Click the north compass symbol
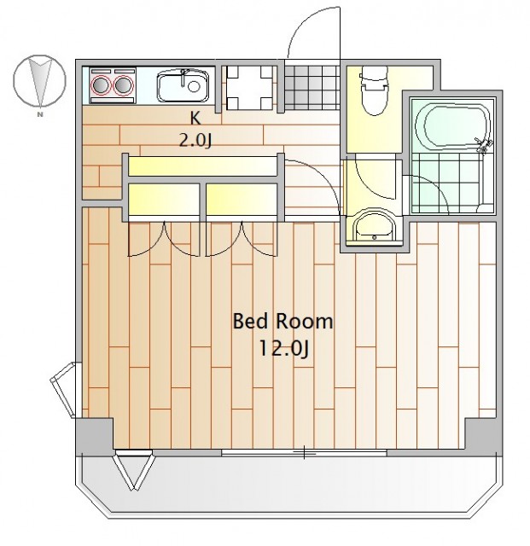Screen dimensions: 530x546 [x=39, y=81]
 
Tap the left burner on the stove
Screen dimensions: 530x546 [x=100, y=85]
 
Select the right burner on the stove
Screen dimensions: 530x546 [x=125, y=85]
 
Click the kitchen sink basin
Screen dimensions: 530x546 [x=183, y=86]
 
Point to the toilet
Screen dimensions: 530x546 [x=374, y=90]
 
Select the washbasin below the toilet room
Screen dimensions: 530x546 [x=374, y=227]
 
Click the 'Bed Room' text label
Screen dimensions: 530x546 [x=282, y=321]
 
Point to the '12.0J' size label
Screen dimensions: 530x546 [x=283, y=349]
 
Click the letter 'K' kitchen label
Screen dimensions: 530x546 [x=195, y=119]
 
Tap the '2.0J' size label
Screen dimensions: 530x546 [x=195, y=141]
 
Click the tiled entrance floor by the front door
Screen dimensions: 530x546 [x=312, y=87]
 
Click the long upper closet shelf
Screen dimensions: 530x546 [x=202, y=166]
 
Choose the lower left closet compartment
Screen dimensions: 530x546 [x=163, y=199]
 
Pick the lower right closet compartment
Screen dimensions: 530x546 [x=242, y=199]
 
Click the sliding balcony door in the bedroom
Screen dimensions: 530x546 [x=304, y=453]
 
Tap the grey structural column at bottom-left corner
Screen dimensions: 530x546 [x=94, y=435]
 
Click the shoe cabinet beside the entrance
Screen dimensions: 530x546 [x=249, y=87]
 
